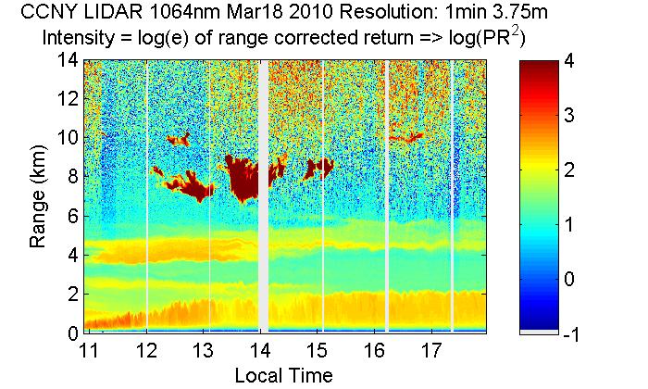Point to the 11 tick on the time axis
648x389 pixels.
pyautogui.click(x=90, y=352)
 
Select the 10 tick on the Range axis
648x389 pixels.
pyautogui.click(x=67, y=138)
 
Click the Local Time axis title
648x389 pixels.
pyautogui.click(x=282, y=375)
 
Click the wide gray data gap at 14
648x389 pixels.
pyautogui.click(x=263, y=194)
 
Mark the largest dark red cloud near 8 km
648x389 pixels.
pyautogui.click(x=244, y=178)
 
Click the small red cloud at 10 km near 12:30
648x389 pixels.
pyautogui.click(x=177, y=140)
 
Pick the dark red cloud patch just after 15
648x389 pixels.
pyautogui.click(x=318, y=169)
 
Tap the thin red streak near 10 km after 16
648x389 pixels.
pyautogui.click(x=405, y=138)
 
